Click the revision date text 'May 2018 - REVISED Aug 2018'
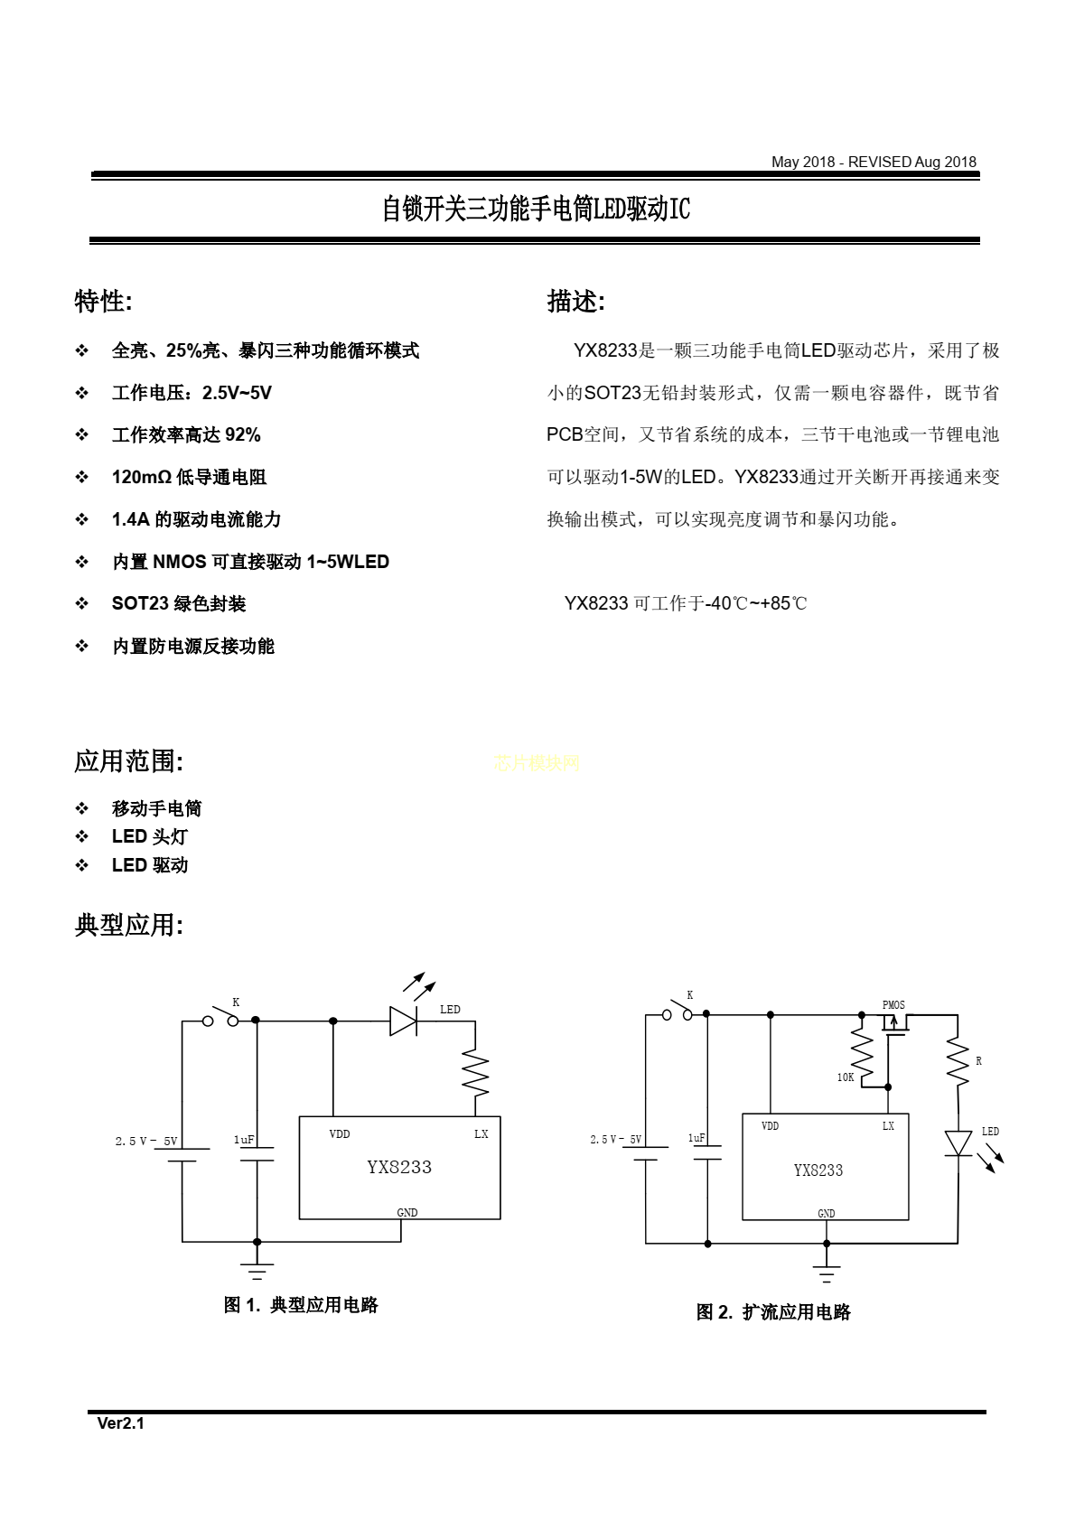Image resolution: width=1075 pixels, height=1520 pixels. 874,162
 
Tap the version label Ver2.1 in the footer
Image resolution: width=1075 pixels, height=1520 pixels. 121,1423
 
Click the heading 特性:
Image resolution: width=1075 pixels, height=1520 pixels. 103,301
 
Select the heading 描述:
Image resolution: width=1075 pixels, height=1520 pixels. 576,301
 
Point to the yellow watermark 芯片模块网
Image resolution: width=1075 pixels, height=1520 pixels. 537,763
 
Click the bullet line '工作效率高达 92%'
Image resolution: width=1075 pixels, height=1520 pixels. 186,435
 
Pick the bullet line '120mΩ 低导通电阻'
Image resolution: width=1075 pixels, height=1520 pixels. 189,477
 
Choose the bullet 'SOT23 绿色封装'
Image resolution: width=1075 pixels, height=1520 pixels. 179,603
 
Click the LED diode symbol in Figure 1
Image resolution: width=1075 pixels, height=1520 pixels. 403,1021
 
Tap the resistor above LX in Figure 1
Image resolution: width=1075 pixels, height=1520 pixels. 475,1073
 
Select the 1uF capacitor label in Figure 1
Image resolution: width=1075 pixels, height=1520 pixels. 244,1140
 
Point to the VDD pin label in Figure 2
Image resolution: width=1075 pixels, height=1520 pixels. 770,1125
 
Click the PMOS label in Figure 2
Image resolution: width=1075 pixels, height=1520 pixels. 893,1005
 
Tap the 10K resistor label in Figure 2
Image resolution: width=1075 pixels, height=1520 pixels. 845,1077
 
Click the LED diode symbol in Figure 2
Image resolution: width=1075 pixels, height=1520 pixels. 958,1143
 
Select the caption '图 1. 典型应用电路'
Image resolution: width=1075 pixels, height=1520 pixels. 301,1305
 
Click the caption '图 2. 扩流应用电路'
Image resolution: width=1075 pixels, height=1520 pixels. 773,1311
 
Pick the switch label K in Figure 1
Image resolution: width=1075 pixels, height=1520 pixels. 236,1002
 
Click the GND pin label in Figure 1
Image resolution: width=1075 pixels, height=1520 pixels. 407,1213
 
